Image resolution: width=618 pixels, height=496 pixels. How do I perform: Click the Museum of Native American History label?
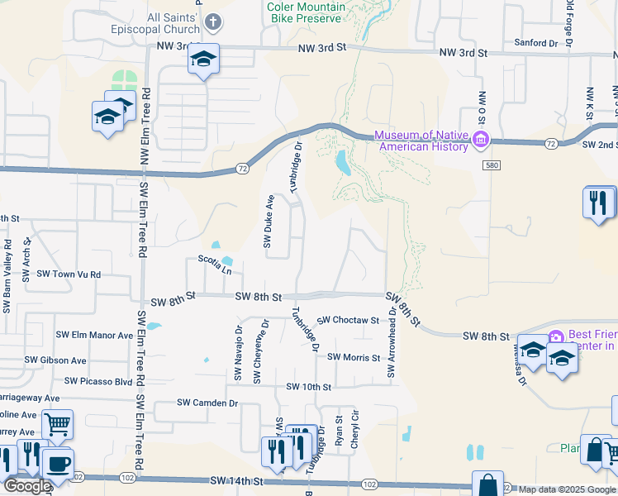point(422,141)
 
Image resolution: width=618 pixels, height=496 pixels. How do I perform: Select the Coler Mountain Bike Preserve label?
point(304,12)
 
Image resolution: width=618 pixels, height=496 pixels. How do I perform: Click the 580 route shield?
point(490,166)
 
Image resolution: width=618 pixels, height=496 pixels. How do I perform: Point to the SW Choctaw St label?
point(347,320)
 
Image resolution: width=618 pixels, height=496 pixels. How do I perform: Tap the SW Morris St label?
point(353,358)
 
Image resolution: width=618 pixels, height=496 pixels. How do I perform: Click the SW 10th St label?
point(308,387)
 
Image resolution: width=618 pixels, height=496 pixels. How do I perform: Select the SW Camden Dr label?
point(207,403)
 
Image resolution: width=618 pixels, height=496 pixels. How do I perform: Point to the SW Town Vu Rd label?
point(69,274)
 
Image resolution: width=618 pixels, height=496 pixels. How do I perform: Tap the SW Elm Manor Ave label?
point(94,336)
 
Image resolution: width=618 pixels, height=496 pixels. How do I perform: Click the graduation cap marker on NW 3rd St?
point(203,59)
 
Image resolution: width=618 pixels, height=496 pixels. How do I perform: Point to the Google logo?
point(27,486)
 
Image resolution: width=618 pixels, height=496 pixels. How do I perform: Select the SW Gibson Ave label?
point(55,360)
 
